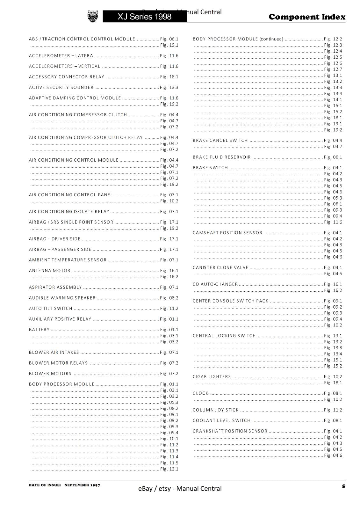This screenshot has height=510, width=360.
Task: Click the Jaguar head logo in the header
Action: [x=93, y=16]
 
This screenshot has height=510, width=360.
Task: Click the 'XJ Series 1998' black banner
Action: [x=144, y=17]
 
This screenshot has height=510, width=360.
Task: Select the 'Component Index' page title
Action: [x=307, y=17]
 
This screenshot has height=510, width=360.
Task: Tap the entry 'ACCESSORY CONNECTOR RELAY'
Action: [x=67, y=77]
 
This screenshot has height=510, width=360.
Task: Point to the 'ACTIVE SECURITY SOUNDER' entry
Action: [x=61, y=87]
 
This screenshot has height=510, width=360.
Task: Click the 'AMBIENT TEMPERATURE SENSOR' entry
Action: [x=68, y=260]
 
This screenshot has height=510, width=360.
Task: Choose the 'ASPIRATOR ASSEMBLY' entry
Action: [x=55, y=288]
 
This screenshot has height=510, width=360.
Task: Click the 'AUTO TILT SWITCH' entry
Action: [x=51, y=309]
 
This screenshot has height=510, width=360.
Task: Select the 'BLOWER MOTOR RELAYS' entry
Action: [x=58, y=363]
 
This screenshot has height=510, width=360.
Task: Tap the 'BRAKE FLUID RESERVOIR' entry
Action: [x=222, y=157]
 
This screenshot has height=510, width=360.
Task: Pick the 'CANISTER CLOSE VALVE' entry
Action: [x=220, y=268]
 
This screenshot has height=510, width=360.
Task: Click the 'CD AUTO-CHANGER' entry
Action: [x=215, y=284]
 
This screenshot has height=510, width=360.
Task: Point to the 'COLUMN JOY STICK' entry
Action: [x=216, y=410]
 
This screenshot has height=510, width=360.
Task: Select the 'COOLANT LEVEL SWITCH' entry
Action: [x=222, y=421]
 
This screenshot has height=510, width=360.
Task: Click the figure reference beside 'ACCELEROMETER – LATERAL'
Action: [x=169, y=56]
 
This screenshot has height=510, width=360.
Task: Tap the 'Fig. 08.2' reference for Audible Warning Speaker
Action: [x=169, y=298]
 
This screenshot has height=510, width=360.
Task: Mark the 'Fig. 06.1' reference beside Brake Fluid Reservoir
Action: [x=333, y=157]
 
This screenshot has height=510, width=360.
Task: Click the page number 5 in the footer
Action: [x=343, y=486]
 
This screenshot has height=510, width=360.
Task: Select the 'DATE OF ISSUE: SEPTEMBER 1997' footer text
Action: [x=64, y=485]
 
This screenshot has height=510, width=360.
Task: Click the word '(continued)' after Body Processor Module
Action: [x=271, y=39]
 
